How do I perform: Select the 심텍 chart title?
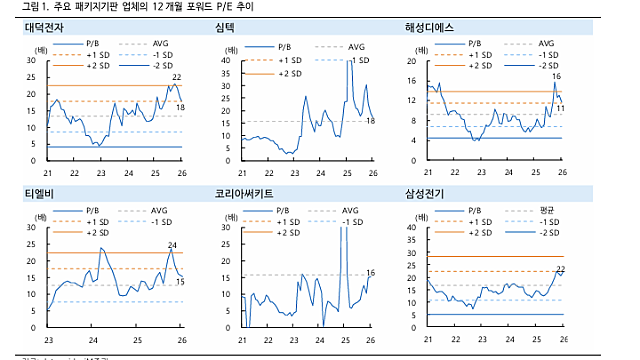click(225, 29)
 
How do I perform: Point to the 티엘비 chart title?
click(36, 193)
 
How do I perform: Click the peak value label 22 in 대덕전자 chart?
click(177, 77)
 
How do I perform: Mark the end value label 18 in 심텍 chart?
click(370, 122)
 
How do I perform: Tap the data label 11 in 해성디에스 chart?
click(560, 107)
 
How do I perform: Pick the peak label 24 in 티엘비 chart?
click(172, 245)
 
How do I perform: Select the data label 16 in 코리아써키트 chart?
click(370, 273)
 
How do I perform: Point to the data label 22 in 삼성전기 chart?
click(560, 269)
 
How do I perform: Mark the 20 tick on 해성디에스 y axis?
click(412, 61)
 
